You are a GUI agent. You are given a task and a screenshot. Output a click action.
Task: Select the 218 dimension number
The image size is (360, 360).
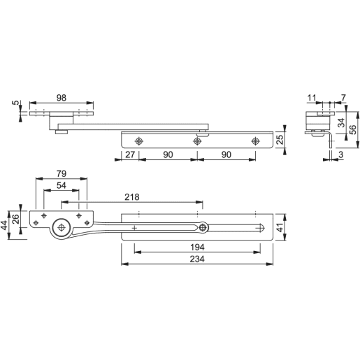[x=130, y=198]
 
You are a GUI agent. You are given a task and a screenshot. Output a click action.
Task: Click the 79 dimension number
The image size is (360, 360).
[x=62, y=173]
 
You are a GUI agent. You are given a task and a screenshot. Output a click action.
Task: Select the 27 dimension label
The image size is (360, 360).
[x=131, y=154]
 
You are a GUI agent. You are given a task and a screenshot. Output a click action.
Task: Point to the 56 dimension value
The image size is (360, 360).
[x=352, y=128]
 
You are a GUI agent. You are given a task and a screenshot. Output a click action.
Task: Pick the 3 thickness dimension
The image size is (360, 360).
[x=340, y=154]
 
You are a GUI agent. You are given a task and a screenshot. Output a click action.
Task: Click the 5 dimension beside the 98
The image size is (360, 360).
[x=15, y=105]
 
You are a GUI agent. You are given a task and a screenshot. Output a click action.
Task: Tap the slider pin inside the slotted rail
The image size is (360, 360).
[x=203, y=227]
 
